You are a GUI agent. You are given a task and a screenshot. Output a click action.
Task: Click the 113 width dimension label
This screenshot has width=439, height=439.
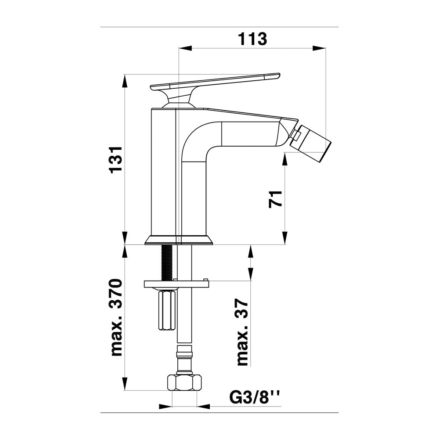point(252,39)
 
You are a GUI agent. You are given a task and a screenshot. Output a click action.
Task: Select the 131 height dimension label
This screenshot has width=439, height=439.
point(116,160)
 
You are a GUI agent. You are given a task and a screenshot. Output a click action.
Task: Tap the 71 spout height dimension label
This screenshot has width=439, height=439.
point(275,199)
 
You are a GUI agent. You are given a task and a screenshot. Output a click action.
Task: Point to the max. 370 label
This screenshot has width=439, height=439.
point(116,317)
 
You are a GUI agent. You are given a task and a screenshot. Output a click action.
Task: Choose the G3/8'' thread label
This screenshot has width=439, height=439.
point(254,398)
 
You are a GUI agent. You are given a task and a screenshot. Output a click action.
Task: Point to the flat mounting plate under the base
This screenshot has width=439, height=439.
point(176,284)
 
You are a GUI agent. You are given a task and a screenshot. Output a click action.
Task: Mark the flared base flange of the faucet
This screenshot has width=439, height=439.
point(179,240)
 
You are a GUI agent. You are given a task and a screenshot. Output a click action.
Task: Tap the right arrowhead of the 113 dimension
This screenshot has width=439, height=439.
point(319,48)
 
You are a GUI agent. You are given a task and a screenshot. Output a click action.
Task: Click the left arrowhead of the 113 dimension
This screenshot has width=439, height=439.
point(186,48)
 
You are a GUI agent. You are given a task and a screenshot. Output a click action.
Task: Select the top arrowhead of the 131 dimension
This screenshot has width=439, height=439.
point(124,81)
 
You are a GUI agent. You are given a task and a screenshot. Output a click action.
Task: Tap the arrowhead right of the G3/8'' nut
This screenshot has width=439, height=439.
point(204,406)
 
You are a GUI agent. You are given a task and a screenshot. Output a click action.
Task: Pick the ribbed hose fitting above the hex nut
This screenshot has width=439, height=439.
point(184,360)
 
